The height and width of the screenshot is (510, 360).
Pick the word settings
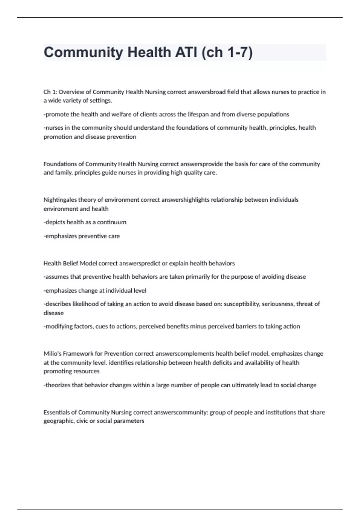101,100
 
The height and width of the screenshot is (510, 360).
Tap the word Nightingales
60,200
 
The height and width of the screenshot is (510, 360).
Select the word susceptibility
242,304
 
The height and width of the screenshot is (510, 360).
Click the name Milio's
52,354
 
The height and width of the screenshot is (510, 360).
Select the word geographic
58,421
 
